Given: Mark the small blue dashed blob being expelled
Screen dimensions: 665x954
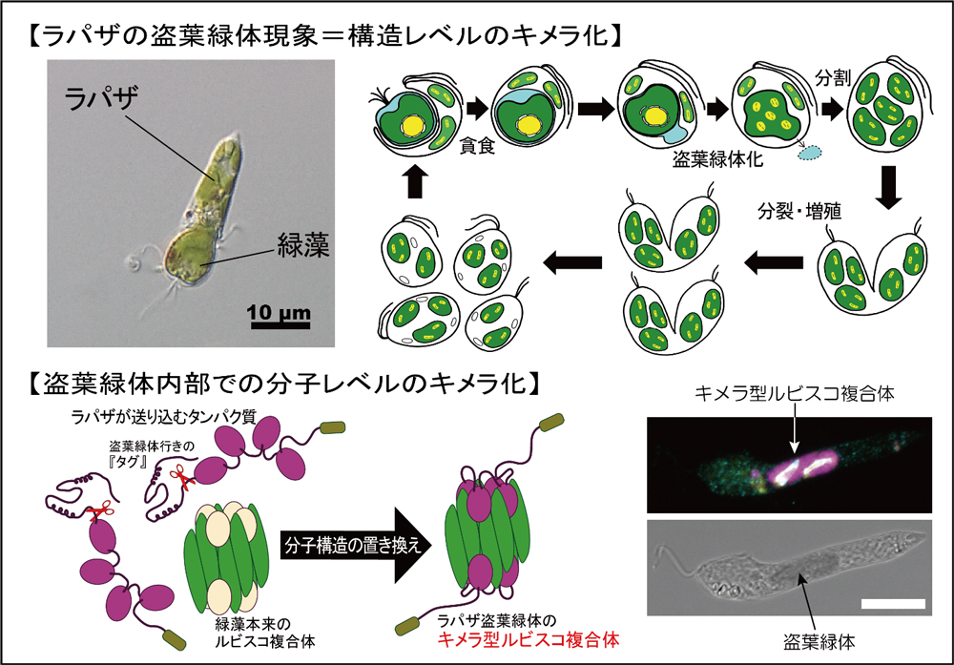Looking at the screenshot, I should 808,152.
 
